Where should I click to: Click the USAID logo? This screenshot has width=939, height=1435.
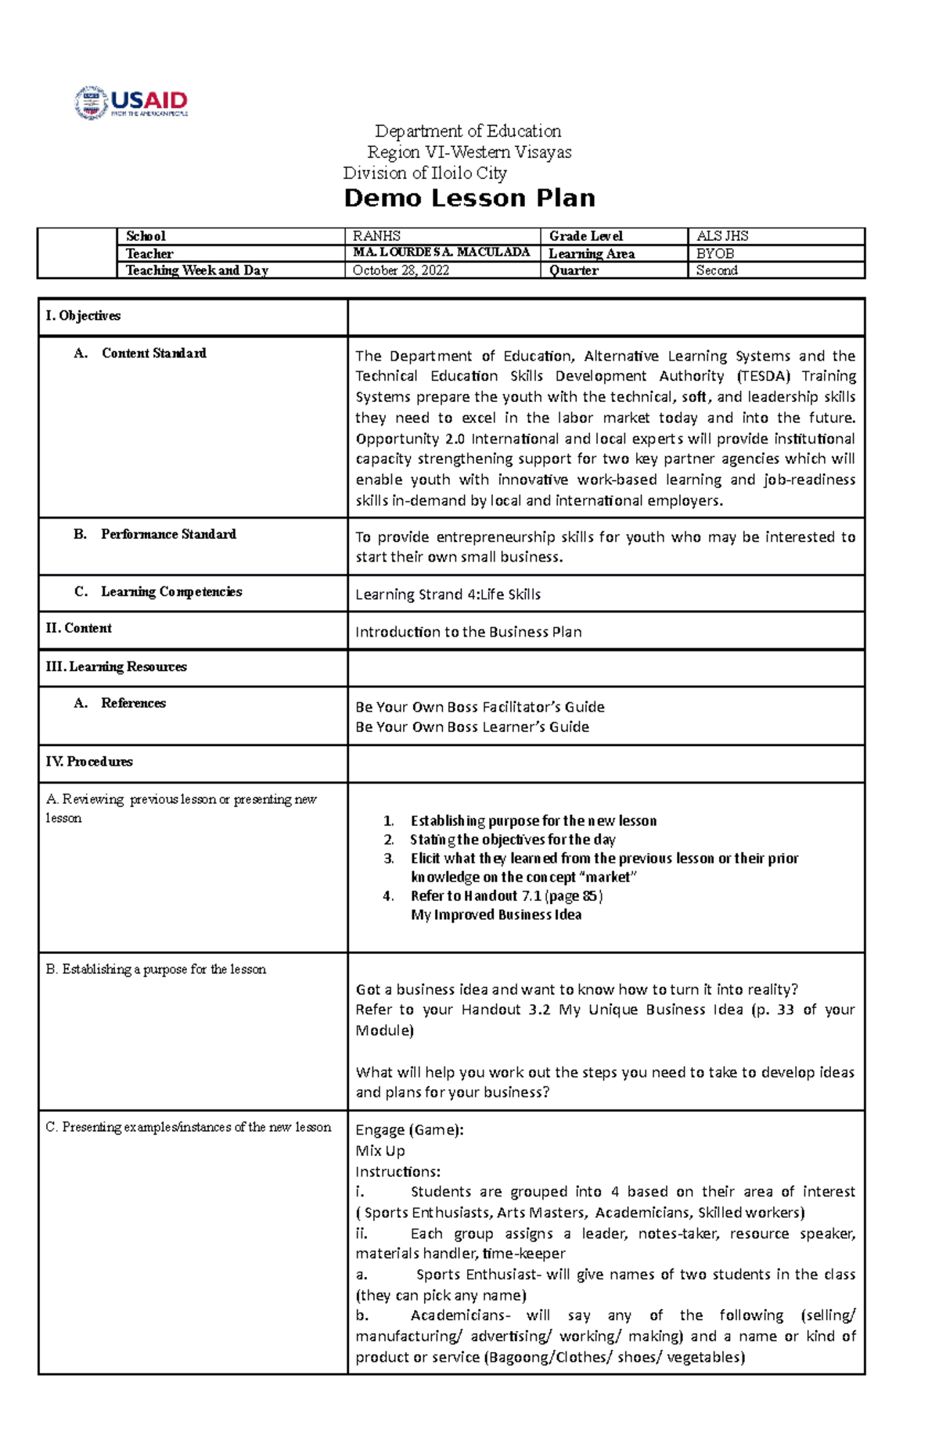click(131, 102)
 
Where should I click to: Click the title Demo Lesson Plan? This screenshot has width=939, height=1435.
click(469, 199)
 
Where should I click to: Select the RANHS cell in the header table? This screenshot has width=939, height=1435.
click(376, 236)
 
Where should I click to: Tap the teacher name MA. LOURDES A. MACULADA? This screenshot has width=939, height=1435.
click(441, 253)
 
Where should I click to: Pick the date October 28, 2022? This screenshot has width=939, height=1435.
click(401, 271)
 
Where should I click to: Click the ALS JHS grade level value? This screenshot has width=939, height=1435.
click(722, 236)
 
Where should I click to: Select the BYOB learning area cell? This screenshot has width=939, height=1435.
click(715, 253)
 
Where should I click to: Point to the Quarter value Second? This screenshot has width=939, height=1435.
click(717, 271)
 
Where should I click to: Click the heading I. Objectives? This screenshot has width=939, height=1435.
click(83, 316)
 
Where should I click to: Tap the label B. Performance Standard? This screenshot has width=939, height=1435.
click(155, 534)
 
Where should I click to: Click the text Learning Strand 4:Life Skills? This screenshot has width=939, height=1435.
click(448, 594)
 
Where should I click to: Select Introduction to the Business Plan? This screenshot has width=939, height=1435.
click(468, 632)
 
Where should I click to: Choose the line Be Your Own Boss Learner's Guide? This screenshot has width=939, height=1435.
click(472, 727)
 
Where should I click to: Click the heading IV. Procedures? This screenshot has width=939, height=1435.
click(88, 762)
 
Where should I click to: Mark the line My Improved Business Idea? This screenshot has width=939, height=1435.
click(496, 915)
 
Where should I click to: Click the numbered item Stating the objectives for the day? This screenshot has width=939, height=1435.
click(513, 840)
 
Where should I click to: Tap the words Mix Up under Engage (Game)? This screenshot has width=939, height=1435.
click(380, 1151)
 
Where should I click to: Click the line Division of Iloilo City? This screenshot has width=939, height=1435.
click(425, 174)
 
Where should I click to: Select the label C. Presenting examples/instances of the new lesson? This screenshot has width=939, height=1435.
click(188, 1128)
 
